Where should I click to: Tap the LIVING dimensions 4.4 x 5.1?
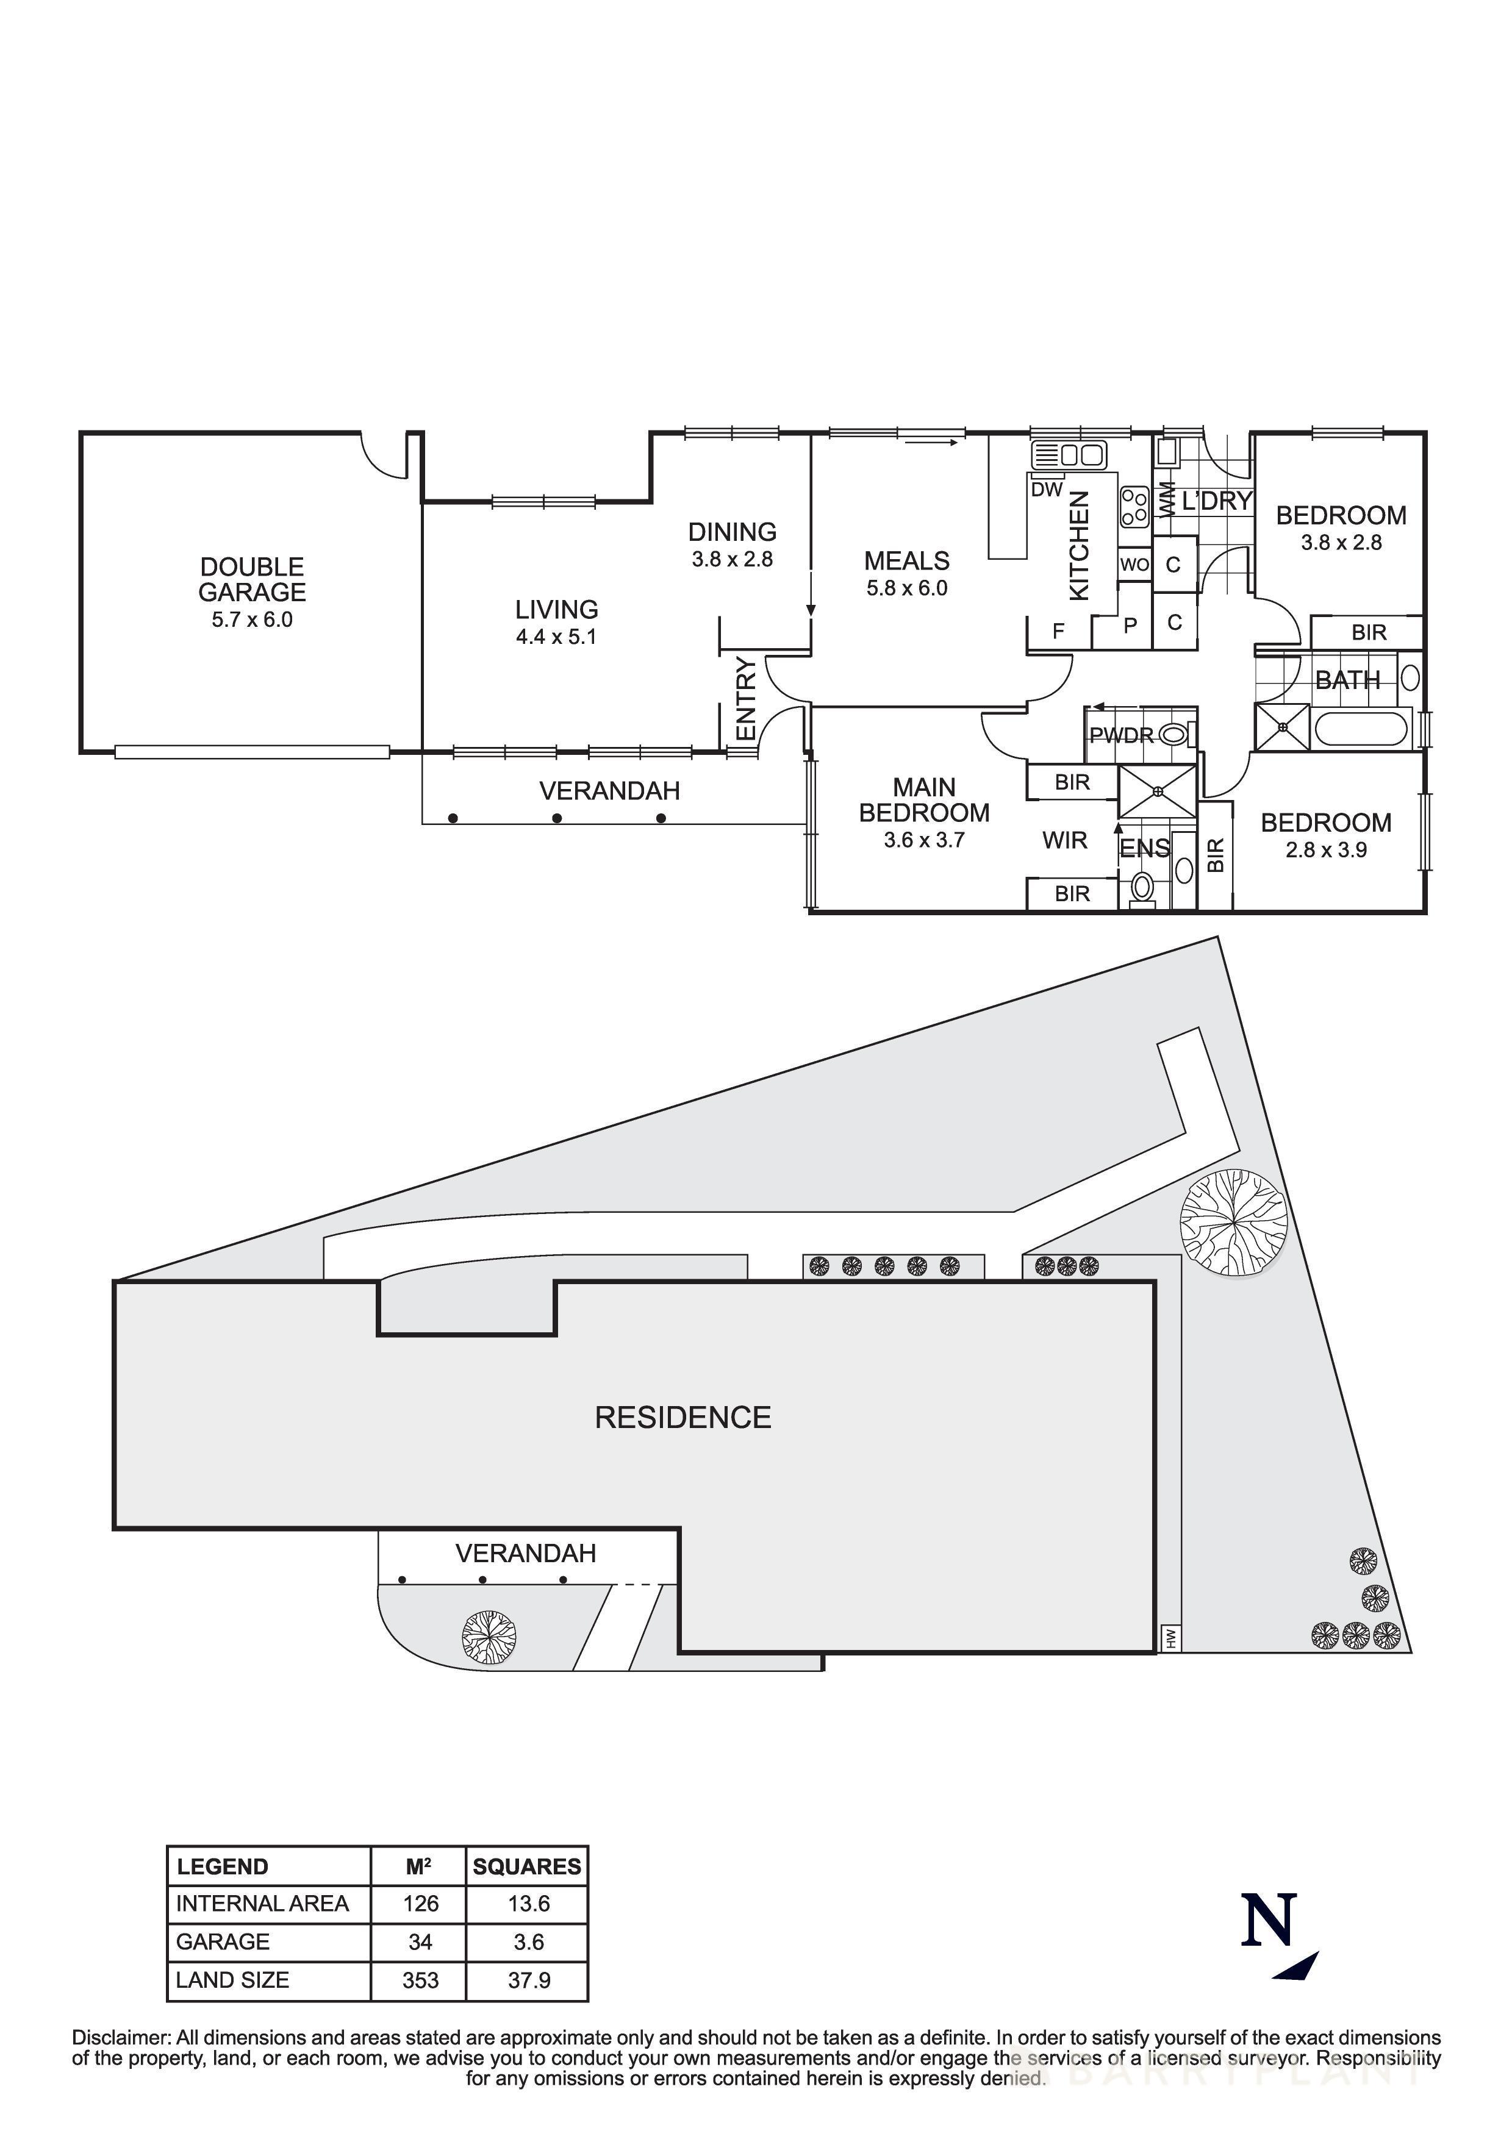tap(556, 637)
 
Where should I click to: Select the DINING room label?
tap(733, 532)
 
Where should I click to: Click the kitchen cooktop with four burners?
tap(1134, 509)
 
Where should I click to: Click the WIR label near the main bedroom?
tap(1065, 840)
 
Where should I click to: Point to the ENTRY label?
tap(746, 699)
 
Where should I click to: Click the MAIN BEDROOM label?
tap(924, 800)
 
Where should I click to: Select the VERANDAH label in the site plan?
tap(525, 1553)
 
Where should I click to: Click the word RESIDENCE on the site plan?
tap(683, 1418)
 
